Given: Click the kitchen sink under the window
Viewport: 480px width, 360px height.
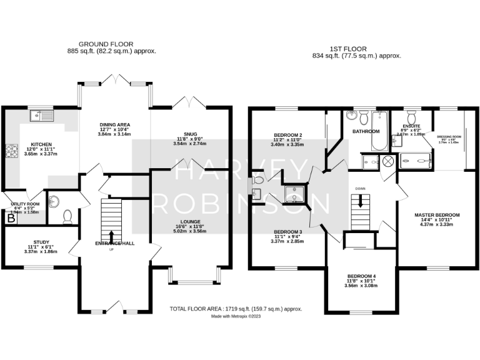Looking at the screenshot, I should coord(42,115).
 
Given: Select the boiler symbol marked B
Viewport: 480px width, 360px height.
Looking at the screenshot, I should coord(10,218).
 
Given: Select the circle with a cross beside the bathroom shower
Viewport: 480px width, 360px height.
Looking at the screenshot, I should coord(387,161).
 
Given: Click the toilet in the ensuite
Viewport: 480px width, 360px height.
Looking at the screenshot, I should coord(412,117).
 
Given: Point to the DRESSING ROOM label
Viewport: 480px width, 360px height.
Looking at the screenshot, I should coord(449,136).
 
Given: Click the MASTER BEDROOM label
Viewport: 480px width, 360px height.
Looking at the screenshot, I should coord(437,215).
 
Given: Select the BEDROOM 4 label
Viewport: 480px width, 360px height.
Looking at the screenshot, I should coord(361,276).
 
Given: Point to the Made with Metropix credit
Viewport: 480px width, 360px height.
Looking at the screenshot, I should coord(236,316).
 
